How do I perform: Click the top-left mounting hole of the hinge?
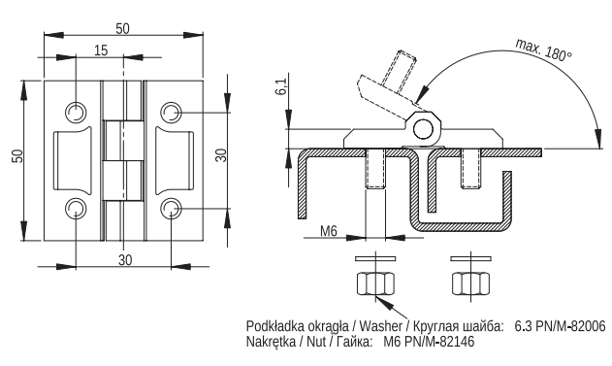pos(75,113)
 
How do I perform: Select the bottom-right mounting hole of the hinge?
pos(171,208)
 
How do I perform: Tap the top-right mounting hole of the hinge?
pos(171,113)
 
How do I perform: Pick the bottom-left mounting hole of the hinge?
pos(75,208)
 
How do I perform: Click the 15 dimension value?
pos(101,50)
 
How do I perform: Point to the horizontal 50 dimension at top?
pos(122,28)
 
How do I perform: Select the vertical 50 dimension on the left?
pos(18,156)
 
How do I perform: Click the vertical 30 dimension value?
pos(220,155)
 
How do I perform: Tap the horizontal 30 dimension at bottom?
pos(125,260)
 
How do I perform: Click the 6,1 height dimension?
pos(281,86)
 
